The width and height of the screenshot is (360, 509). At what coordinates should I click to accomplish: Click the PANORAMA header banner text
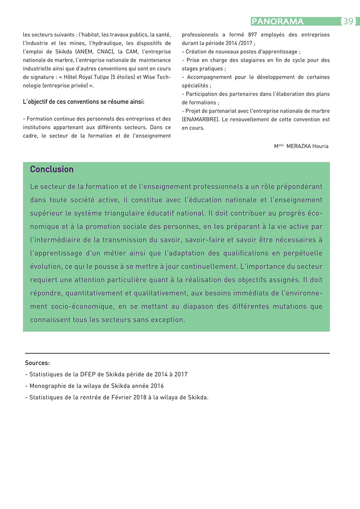[277, 21]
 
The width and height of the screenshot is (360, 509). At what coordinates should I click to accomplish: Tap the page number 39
[348, 21]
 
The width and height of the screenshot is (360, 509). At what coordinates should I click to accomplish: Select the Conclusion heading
[52, 169]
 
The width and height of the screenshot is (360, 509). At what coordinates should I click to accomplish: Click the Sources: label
[37, 363]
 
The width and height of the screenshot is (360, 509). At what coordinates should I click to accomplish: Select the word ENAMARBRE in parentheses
[200, 120]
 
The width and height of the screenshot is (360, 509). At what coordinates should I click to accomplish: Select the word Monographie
[49, 386]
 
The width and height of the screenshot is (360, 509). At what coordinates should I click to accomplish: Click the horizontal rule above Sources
[177, 353]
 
